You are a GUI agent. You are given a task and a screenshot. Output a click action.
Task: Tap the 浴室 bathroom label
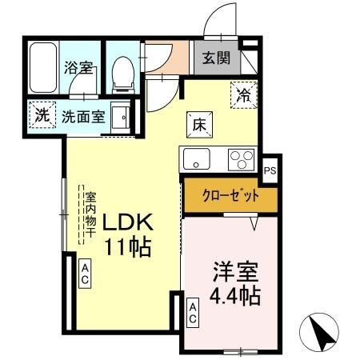coord(78,67)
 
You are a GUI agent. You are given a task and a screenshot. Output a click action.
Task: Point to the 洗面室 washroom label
coord(84,115)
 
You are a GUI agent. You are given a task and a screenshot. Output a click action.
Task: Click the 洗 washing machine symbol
coord(41,114)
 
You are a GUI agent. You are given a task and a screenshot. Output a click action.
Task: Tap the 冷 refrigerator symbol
coord(243,94)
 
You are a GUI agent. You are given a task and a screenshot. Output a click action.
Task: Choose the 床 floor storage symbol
coord(199,124)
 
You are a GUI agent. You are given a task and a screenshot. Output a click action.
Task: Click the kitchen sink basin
coord(195,159)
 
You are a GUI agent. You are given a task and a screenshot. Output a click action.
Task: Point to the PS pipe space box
coord(270,169)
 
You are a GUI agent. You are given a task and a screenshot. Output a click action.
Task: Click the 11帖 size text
coord(126,247)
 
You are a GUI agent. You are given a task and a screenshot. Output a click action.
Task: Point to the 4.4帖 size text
coord(234,296)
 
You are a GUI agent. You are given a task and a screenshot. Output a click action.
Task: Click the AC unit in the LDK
coord(85,274)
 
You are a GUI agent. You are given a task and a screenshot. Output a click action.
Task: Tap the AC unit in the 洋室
coord(193,312)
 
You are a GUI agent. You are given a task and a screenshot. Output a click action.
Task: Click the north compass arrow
coord(319,330)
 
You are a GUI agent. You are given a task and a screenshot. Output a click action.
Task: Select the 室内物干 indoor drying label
coord(90,214)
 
